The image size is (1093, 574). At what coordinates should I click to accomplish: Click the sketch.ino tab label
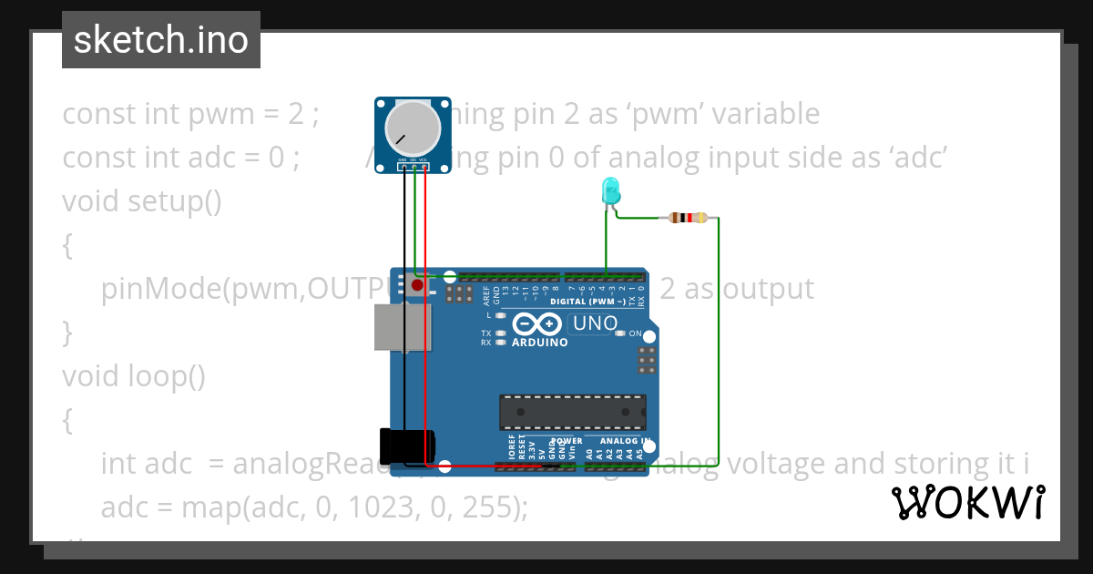click(x=160, y=40)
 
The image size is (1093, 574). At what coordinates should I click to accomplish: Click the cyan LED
click(x=610, y=191)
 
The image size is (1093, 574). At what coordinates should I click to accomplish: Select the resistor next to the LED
click(x=688, y=218)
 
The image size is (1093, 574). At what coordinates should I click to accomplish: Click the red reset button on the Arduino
click(x=418, y=286)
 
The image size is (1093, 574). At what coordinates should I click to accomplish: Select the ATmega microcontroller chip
click(x=572, y=412)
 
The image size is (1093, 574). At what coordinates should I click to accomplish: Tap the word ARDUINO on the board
click(x=539, y=343)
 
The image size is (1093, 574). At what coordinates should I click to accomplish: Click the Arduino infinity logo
click(x=536, y=324)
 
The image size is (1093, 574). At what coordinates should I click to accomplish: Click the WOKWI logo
click(x=966, y=502)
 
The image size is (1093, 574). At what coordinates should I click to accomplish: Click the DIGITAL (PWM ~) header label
click(x=588, y=301)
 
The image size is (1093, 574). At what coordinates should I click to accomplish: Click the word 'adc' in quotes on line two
click(x=916, y=157)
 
